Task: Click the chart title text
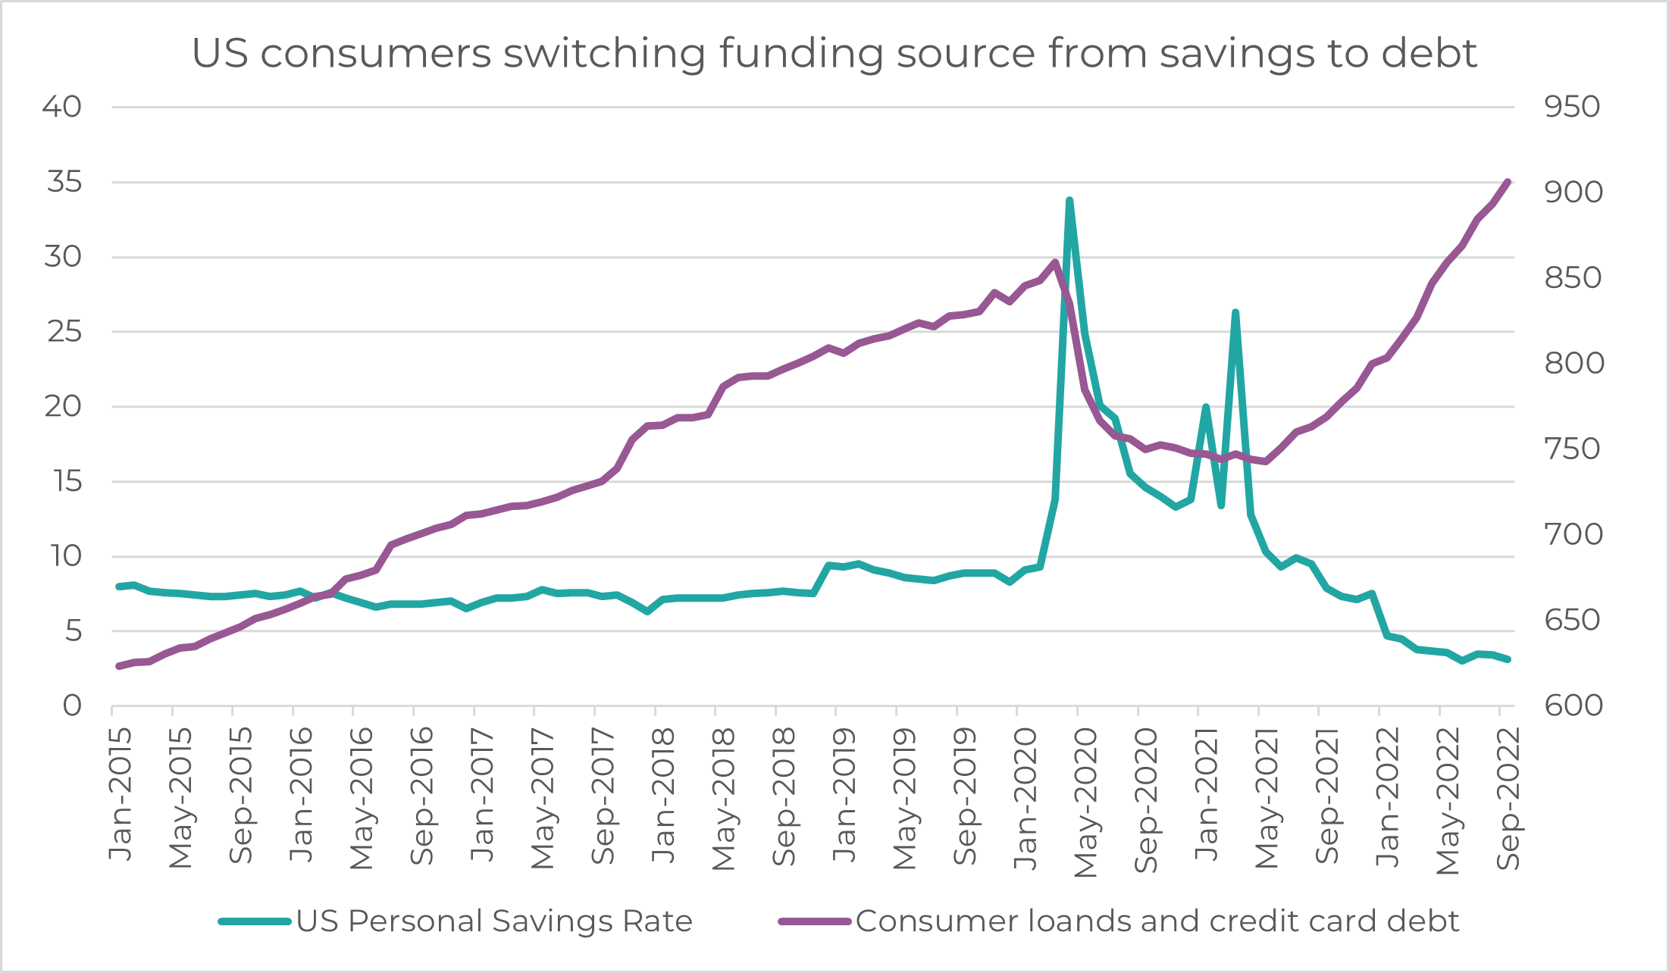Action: click(x=834, y=53)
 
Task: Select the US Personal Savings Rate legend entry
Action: click(x=493, y=921)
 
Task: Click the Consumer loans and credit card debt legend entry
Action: click(x=1157, y=921)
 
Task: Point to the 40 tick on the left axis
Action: click(x=62, y=107)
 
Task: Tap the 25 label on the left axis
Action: click(x=64, y=331)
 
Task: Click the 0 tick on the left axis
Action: click(x=72, y=706)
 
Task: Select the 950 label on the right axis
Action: click(x=1573, y=107)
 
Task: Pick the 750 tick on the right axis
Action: click(x=1573, y=449)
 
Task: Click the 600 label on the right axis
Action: click(x=1573, y=706)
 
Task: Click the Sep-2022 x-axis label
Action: click(x=1508, y=799)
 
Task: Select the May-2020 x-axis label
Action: click(x=1086, y=803)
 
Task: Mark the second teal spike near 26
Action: click(x=1235, y=312)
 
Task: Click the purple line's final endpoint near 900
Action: click(x=1508, y=182)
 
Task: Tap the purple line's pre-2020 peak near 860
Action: click(x=1055, y=262)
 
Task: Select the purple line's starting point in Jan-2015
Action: click(x=118, y=666)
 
